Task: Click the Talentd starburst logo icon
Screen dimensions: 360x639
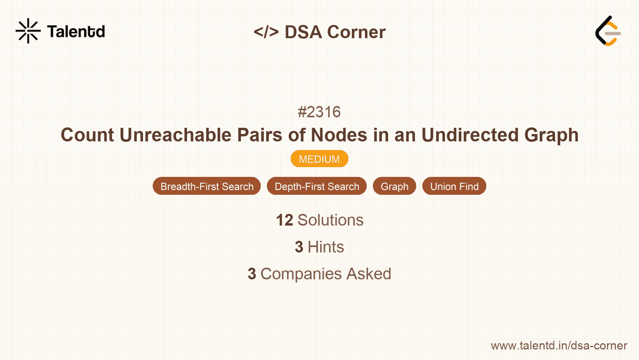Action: click(x=28, y=31)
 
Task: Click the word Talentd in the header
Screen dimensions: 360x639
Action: click(x=76, y=32)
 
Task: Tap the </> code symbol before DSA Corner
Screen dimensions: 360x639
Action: click(x=266, y=32)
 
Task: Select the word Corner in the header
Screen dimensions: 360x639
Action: click(x=357, y=32)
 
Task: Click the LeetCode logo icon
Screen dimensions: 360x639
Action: click(x=608, y=31)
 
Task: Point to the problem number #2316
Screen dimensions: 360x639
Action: click(x=319, y=112)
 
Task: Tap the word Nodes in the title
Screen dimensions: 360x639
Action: click(x=339, y=135)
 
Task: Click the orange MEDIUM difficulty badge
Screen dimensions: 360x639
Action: click(x=319, y=159)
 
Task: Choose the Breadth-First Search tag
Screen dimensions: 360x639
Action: click(x=207, y=186)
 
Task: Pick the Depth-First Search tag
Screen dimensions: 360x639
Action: click(x=317, y=186)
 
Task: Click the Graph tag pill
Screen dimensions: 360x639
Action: click(x=394, y=186)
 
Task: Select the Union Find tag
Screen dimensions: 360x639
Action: click(x=454, y=186)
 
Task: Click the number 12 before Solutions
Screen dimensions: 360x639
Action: click(x=284, y=221)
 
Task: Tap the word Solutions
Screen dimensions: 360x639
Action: click(x=330, y=221)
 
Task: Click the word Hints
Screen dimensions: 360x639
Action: click(x=326, y=247)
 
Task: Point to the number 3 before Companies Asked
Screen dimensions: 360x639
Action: click(x=252, y=274)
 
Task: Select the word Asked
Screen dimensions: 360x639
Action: click(x=369, y=274)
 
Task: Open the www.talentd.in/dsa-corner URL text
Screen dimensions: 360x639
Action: click(x=559, y=346)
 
